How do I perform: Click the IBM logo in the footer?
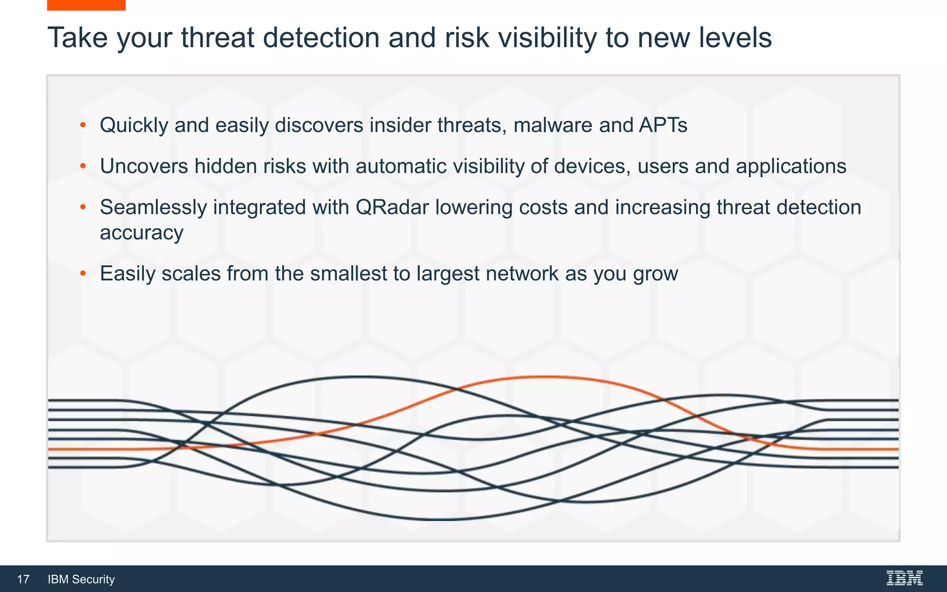click(x=904, y=578)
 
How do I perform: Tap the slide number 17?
click(x=23, y=580)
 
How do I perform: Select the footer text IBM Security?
click(x=81, y=580)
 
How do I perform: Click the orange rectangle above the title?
click(x=86, y=5)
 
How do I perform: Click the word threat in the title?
click(x=217, y=38)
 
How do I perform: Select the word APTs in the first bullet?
click(x=663, y=125)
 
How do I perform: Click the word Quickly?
click(x=134, y=125)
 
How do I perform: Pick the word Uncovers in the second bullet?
click(x=144, y=166)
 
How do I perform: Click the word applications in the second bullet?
click(x=791, y=166)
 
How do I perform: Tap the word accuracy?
click(x=141, y=233)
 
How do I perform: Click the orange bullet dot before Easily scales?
click(x=83, y=274)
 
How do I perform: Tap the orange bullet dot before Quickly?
click(x=83, y=125)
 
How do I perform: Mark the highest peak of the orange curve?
click(x=546, y=377)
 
